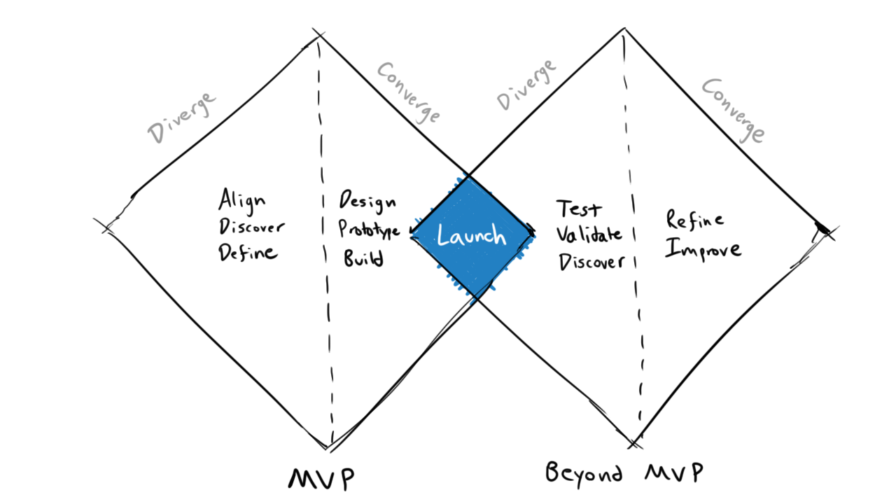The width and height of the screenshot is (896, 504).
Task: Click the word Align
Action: coord(242,201)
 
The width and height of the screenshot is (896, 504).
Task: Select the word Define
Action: coord(248,253)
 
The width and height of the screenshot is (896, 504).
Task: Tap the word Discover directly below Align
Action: coord(252,227)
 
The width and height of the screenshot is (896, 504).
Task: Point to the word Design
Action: coord(367,202)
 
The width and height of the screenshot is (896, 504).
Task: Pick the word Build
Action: coord(363,258)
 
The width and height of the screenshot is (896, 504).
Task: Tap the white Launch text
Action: coord(471,236)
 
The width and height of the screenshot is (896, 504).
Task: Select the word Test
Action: coord(578,209)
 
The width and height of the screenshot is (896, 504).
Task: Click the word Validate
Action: coord(589,235)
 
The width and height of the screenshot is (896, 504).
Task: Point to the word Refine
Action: coord(694,220)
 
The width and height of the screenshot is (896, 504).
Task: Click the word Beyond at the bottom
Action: coord(584,472)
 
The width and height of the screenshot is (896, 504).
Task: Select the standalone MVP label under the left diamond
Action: coord(321,479)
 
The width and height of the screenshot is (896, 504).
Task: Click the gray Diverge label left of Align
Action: coord(182,119)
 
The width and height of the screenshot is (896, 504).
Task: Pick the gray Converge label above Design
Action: coord(409,92)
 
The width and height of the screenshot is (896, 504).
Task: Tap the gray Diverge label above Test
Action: coord(527,85)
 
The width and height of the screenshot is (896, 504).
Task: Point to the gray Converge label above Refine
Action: coord(732,110)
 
